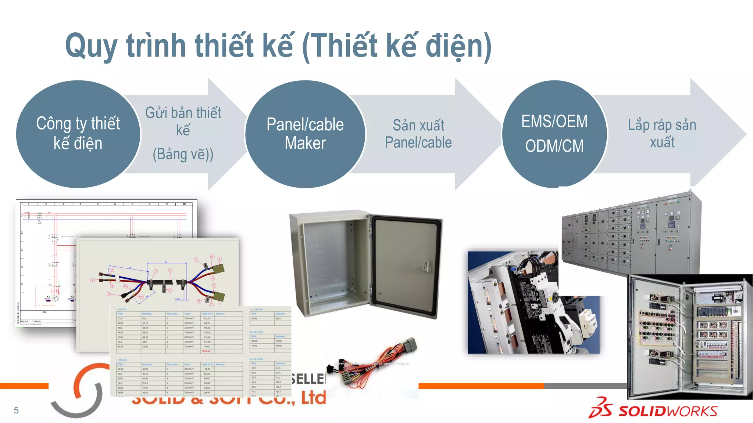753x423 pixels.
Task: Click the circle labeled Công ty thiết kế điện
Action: click(78, 134)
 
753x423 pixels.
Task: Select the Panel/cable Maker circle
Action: click(305, 134)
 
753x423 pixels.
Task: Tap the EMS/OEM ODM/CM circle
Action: click(554, 134)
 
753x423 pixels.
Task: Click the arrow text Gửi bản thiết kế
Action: click(183, 121)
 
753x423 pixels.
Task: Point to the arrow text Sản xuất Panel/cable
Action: click(418, 134)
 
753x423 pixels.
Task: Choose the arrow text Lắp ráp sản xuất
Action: click(662, 133)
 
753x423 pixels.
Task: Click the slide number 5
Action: click(16, 410)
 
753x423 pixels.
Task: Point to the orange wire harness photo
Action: click(371, 364)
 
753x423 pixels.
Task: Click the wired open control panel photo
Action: click(689, 336)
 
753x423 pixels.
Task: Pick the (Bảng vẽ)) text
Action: click(183, 154)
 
